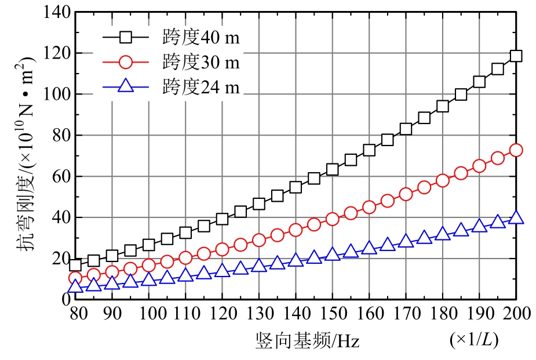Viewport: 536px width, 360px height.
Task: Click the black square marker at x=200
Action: [516, 56]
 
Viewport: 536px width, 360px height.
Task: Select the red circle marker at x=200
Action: [516, 150]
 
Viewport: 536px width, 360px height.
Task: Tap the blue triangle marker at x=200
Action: [516, 218]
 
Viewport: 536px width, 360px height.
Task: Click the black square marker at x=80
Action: [75, 264]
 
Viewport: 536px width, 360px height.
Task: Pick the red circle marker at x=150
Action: [332, 219]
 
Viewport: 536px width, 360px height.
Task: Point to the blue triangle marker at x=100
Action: [149, 279]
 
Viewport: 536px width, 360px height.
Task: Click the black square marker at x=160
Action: [369, 150]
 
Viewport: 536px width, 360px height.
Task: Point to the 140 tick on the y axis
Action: [56, 12]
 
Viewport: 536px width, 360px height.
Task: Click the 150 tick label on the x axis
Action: [332, 314]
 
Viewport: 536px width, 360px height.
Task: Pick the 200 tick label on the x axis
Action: [515, 314]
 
